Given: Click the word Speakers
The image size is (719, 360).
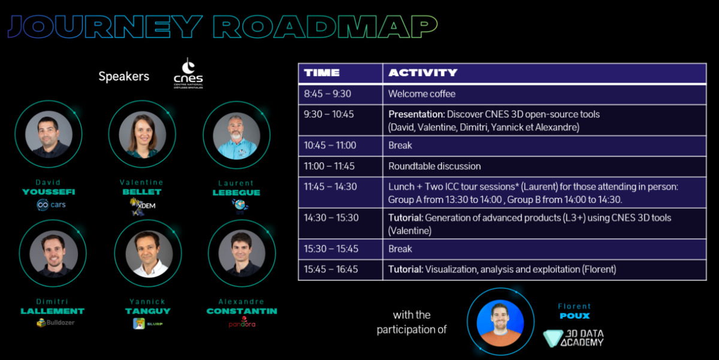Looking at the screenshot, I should click(x=123, y=77).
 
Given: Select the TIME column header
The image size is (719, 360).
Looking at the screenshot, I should click(x=322, y=73).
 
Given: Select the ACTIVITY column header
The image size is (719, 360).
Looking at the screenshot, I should click(x=422, y=73).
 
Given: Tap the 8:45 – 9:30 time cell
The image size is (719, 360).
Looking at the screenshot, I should click(x=328, y=93).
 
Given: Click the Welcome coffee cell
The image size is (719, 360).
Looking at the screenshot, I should click(x=422, y=93).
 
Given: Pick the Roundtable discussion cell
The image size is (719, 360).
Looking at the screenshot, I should click(x=434, y=166).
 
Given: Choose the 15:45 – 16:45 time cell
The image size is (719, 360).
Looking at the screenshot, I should click(x=331, y=270).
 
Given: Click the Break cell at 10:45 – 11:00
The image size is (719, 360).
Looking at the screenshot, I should click(x=400, y=146).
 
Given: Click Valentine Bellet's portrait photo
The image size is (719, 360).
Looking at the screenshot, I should click(x=142, y=134).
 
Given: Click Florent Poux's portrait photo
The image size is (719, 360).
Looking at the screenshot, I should click(x=500, y=322).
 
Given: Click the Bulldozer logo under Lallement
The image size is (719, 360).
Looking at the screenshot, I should click(x=55, y=323).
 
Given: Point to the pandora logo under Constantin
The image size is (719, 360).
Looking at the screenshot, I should click(x=242, y=322).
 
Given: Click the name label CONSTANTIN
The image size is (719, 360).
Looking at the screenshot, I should click(x=241, y=311).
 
